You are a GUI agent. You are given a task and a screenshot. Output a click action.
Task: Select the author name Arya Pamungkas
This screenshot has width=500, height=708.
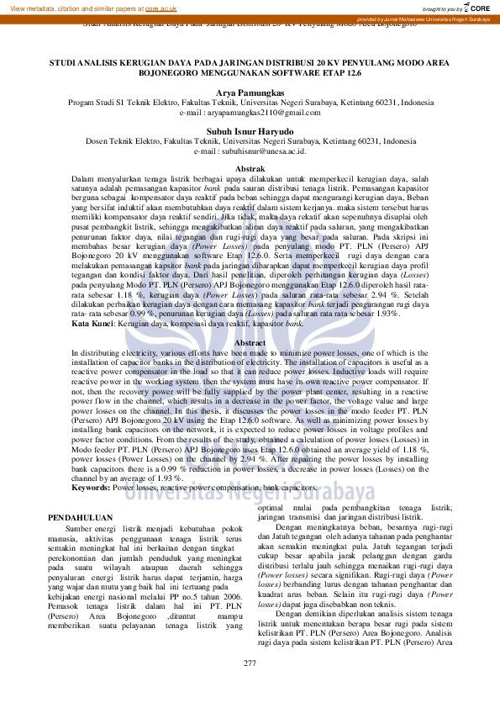250,92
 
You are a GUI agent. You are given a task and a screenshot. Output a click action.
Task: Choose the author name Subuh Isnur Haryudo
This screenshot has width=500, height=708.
250,131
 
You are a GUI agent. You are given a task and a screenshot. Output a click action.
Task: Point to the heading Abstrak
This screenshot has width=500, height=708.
250,169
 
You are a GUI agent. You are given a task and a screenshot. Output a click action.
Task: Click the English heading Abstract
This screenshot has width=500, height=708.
250,344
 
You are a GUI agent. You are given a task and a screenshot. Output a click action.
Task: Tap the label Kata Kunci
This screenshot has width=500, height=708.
92,323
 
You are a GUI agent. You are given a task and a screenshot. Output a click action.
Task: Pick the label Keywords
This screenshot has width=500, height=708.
90,488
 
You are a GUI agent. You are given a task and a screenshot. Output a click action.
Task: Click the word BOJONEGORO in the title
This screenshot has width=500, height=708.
169,74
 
